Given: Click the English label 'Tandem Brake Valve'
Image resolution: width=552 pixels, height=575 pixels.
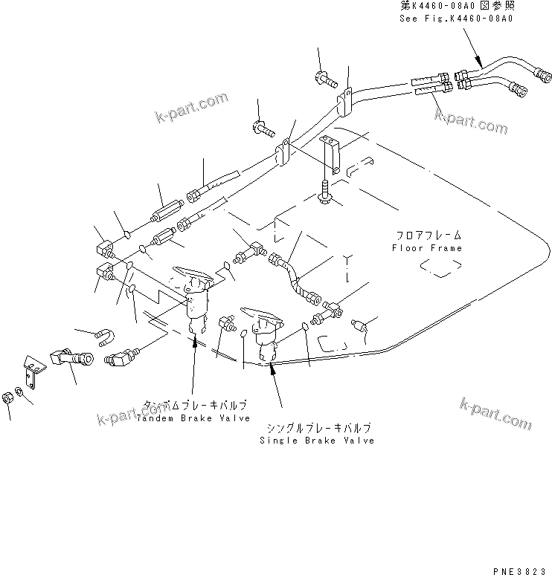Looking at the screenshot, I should tap(192, 418).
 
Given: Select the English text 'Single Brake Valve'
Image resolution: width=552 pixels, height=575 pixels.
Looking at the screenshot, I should tap(316, 441).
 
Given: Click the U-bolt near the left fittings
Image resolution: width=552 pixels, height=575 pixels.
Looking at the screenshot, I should tap(105, 338).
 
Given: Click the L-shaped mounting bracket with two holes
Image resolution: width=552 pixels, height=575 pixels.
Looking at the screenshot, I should tap(31, 370).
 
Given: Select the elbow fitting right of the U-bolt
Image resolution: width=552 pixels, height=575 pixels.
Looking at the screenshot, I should tap(124, 357).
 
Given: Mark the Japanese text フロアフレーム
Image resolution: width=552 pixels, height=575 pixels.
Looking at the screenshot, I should tap(429, 235).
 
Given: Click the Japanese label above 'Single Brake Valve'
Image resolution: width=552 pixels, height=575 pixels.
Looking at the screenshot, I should tap(315, 429).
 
